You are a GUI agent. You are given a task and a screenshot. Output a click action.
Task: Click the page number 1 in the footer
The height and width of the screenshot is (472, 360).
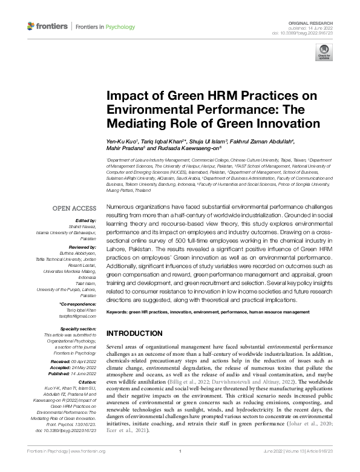click(x=180, y=468)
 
